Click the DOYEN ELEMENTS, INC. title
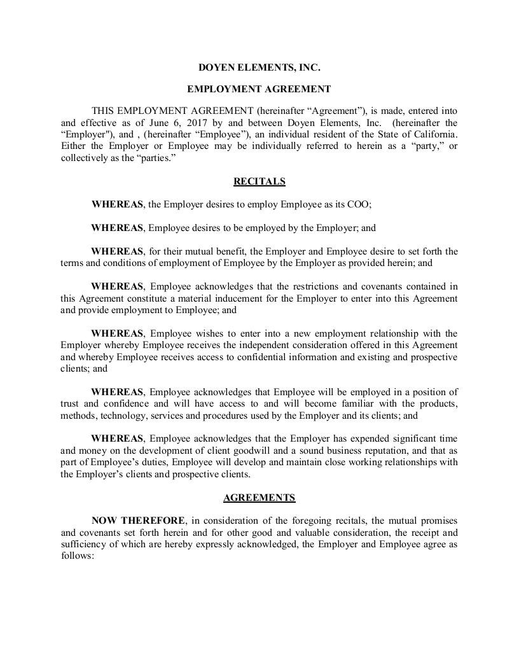click(x=259, y=67)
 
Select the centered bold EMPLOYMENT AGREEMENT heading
click(x=259, y=89)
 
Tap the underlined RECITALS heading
click(x=259, y=181)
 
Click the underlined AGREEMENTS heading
click(x=259, y=498)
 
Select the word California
click(x=432, y=134)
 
